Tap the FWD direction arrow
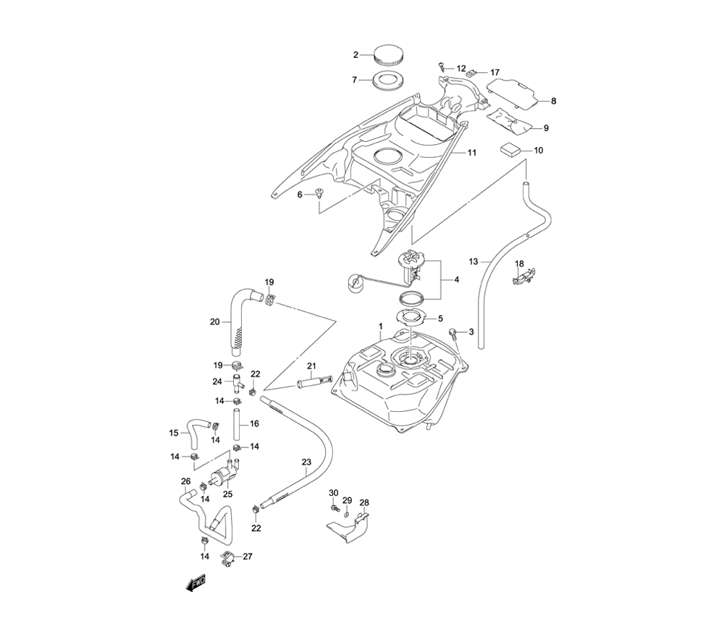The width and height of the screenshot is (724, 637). pyautogui.click(x=195, y=583)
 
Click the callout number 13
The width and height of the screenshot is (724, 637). pyautogui.click(x=474, y=261)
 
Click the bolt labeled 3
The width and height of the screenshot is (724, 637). pyautogui.click(x=454, y=333)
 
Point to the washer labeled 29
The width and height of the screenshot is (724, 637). pyautogui.click(x=347, y=514)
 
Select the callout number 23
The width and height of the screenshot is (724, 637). pyautogui.click(x=306, y=462)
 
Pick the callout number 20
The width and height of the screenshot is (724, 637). pyautogui.click(x=214, y=322)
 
